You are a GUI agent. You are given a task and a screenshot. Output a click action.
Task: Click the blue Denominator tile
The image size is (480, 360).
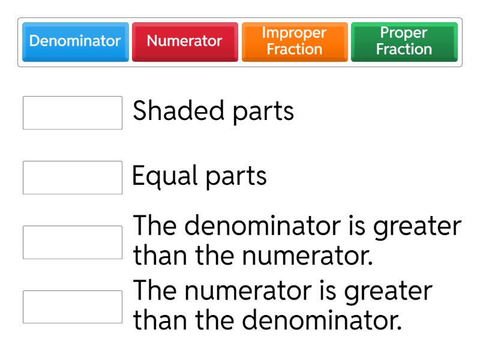(x=75, y=41)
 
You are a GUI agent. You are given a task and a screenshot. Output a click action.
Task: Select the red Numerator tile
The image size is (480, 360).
(x=185, y=41)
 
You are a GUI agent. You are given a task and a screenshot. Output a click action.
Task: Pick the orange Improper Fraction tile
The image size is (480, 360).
(x=295, y=41)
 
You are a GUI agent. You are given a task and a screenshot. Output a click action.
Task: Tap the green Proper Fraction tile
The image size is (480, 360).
(x=404, y=41)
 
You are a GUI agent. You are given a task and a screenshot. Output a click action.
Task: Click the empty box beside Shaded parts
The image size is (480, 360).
(x=73, y=112)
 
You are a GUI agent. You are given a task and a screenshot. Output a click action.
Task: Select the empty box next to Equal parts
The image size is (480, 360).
(x=73, y=177)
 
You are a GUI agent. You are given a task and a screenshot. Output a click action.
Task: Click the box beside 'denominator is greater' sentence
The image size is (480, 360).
(x=73, y=242)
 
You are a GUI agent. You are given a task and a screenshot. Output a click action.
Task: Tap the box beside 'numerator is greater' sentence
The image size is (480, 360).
(x=73, y=307)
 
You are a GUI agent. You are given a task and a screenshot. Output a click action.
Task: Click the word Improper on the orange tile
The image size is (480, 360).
(x=295, y=33)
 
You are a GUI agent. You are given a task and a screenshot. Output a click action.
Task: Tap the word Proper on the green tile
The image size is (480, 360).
(x=404, y=33)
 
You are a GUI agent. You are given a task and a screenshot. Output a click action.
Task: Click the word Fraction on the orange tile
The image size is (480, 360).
(x=295, y=49)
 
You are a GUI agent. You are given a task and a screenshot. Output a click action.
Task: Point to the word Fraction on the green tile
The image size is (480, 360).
(x=404, y=49)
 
